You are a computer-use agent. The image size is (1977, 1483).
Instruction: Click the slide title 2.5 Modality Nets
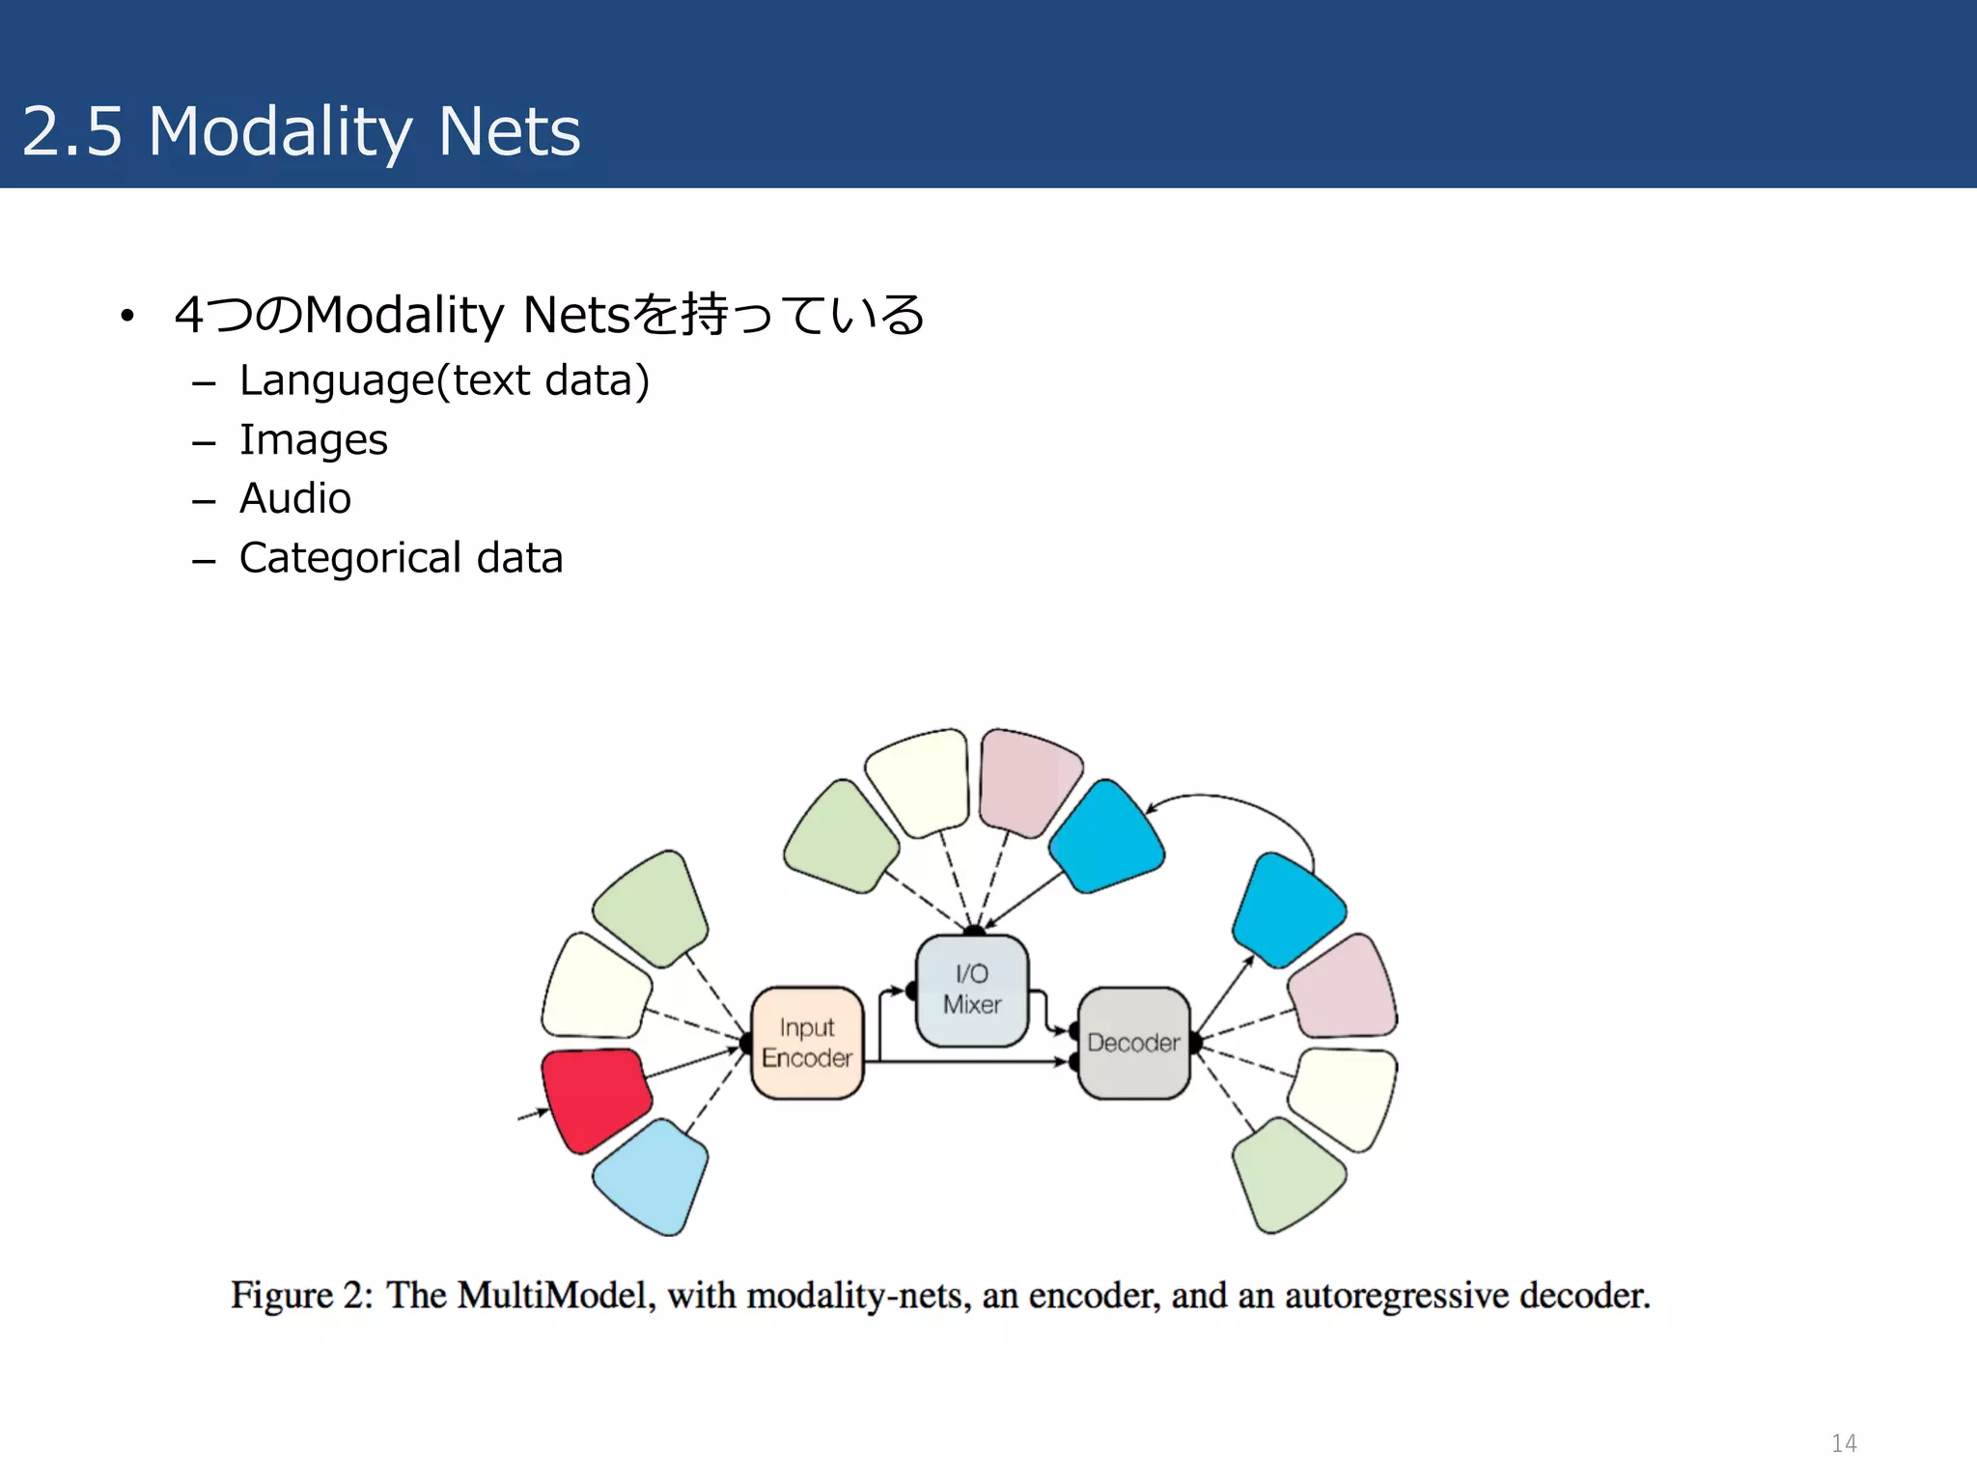pos(301,131)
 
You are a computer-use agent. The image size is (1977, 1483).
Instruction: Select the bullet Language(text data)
pos(444,380)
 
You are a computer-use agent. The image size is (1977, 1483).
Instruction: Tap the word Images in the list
pos(314,440)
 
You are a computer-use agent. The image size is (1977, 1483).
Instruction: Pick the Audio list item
pos(295,499)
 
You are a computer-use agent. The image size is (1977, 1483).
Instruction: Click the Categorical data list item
pos(401,558)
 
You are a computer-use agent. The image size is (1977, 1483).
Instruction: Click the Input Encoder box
pos(807,1043)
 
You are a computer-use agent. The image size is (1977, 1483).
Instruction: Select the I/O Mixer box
pos(972,990)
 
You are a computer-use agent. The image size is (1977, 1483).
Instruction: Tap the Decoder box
pos(1133,1043)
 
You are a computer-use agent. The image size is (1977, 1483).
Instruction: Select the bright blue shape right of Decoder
pos(1287,910)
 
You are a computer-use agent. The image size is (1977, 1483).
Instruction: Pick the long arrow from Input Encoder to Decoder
pos(965,1062)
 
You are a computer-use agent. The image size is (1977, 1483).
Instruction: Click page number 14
pos(1844,1443)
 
